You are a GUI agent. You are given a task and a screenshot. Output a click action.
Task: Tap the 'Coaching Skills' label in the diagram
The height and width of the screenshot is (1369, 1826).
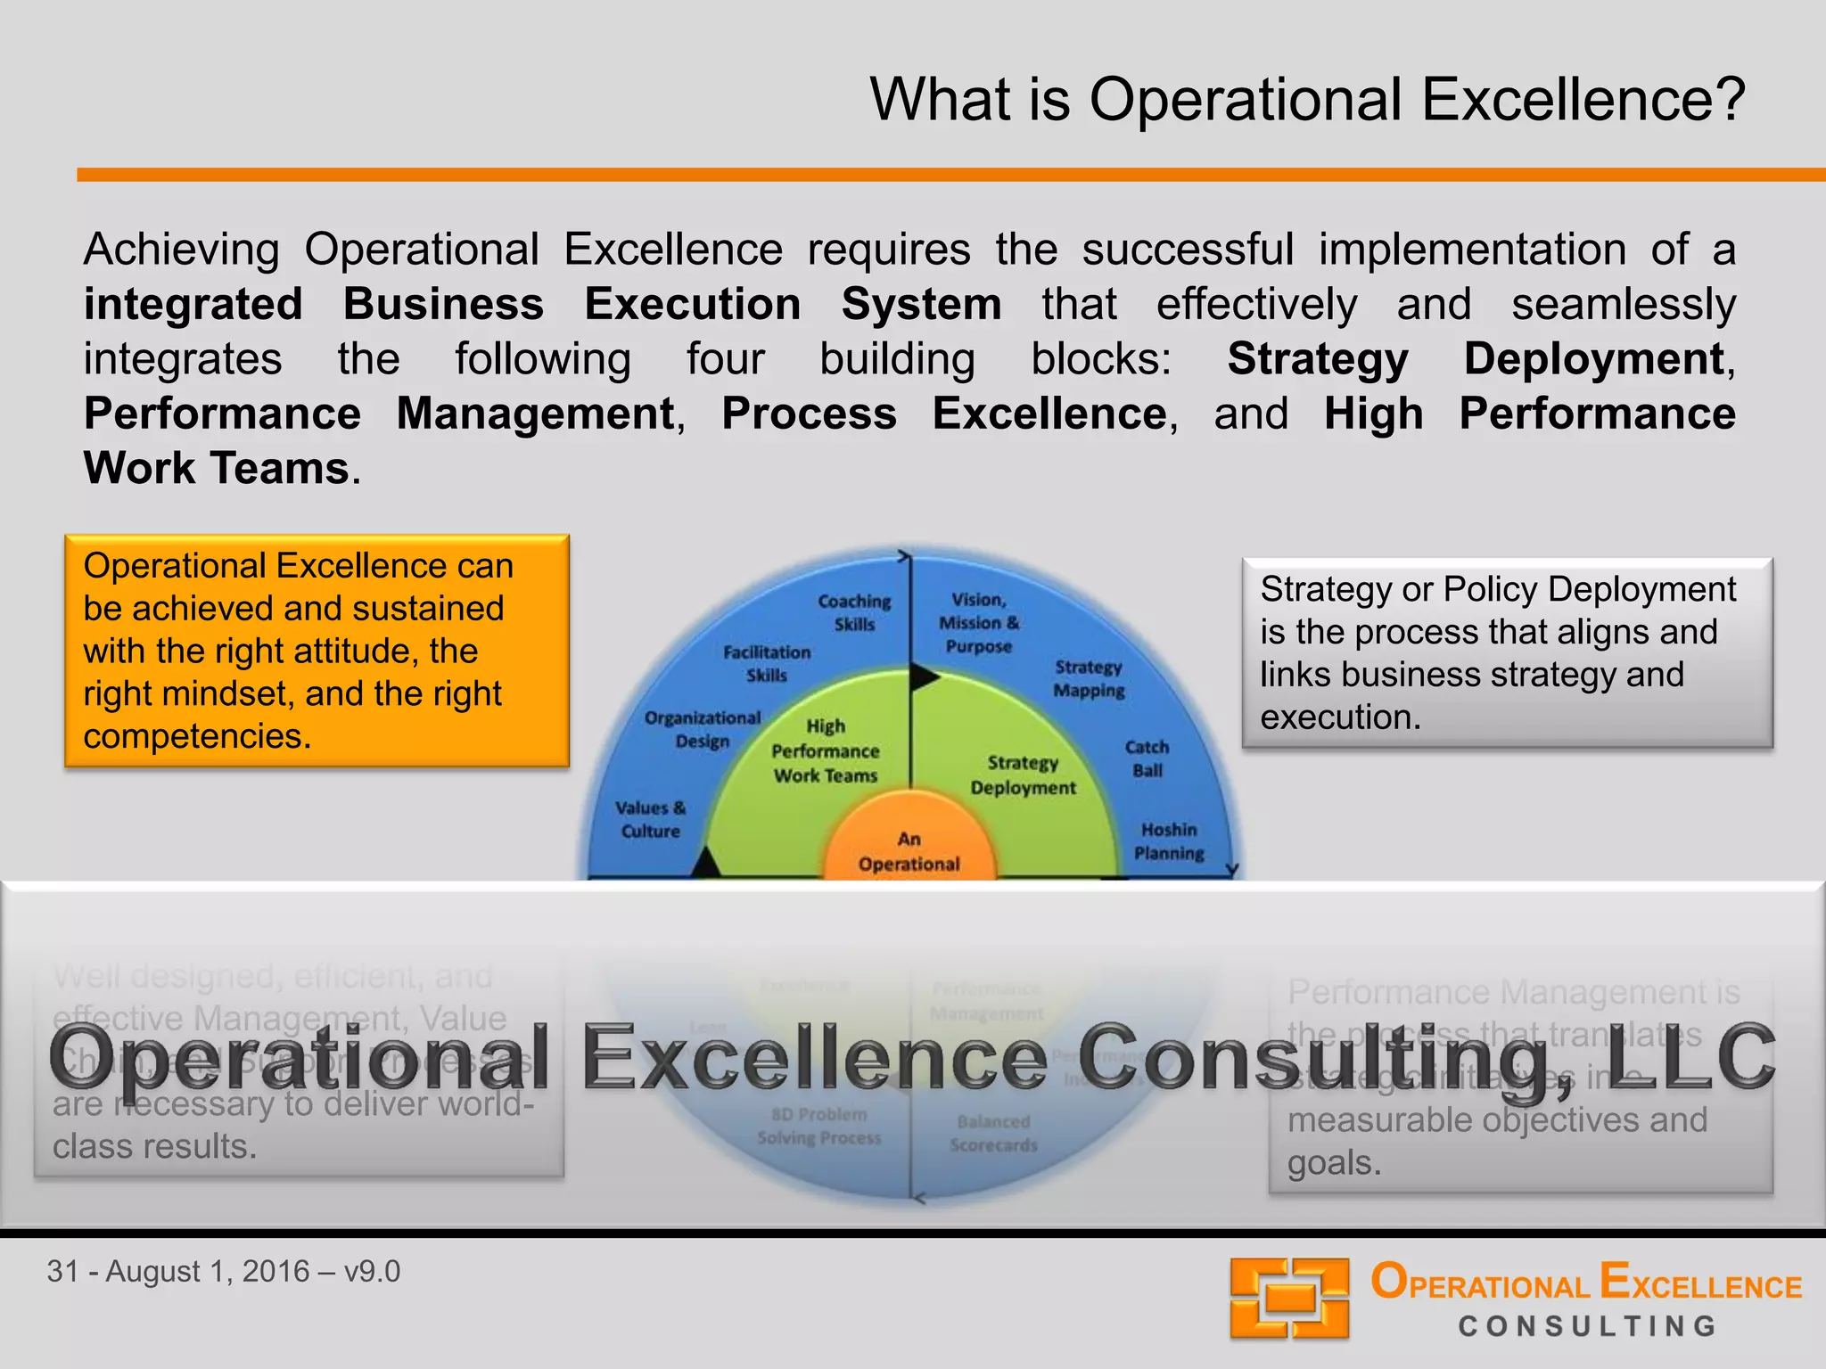854,612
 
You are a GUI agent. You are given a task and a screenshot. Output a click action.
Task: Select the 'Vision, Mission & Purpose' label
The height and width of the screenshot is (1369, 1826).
978,622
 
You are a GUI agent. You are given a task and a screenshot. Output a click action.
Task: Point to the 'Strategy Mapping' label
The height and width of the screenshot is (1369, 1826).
1088,678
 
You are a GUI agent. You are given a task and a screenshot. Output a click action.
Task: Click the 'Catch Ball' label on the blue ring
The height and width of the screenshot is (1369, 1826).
1147,758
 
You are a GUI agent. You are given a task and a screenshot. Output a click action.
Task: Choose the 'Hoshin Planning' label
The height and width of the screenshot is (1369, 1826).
1168,841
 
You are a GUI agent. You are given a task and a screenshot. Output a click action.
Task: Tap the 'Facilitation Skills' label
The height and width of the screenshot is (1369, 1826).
767,664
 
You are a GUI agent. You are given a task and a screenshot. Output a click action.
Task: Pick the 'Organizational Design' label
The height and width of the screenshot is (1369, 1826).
703,729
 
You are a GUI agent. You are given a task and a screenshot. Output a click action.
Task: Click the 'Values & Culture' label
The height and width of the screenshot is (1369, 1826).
650,819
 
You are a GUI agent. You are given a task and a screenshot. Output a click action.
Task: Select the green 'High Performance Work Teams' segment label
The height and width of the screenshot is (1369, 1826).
825,751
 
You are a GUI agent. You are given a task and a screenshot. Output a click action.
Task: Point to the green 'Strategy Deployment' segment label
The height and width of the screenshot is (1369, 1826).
1023,775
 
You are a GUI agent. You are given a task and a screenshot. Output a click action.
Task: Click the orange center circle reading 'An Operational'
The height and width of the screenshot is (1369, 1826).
909,850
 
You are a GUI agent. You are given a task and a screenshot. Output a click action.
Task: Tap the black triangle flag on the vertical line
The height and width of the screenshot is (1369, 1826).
924,678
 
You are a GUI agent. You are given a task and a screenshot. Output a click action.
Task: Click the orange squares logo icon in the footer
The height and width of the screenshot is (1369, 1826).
1289,1298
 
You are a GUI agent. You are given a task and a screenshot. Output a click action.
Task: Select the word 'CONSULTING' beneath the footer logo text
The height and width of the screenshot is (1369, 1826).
1587,1326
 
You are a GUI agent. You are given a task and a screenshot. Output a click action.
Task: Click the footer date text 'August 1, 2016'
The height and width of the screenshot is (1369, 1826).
207,1271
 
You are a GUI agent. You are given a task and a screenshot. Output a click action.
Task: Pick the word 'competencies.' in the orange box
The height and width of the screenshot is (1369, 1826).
197,736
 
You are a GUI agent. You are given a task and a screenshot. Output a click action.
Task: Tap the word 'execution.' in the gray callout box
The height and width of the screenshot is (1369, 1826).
1340,717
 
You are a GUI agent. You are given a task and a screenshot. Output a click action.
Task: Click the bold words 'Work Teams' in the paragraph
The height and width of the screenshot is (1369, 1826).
217,468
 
